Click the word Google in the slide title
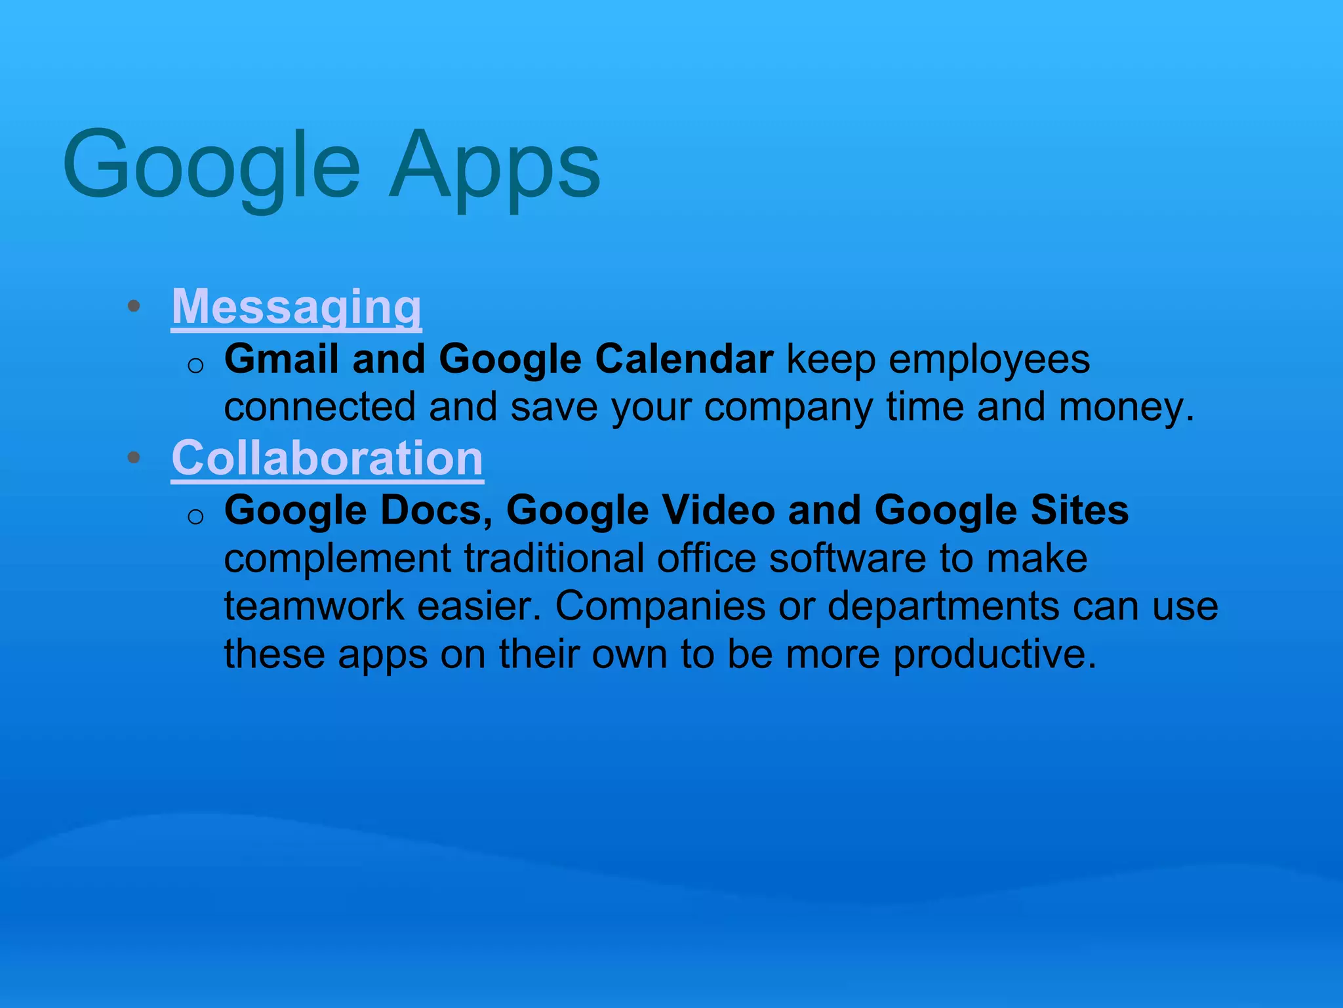pyautogui.click(x=211, y=164)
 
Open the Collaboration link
pyautogui.click(x=327, y=457)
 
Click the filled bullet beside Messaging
pyautogui.click(x=134, y=306)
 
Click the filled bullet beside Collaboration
pyautogui.click(x=134, y=457)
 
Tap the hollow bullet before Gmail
pyautogui.click(x=195, y=365)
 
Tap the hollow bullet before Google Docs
pyautogui.click(x=195, y=516)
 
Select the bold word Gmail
pyautogui.click(x=281, y=359)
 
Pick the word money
pyautogui.click(x=1126, y=407)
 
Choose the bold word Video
pyautogui.click(x=718, y=510)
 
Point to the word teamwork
pyautogui.click(x=314, y=606)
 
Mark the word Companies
pyautogui.click(x=660, y=606)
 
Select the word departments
pyautogui.click(x=943, y=606)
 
